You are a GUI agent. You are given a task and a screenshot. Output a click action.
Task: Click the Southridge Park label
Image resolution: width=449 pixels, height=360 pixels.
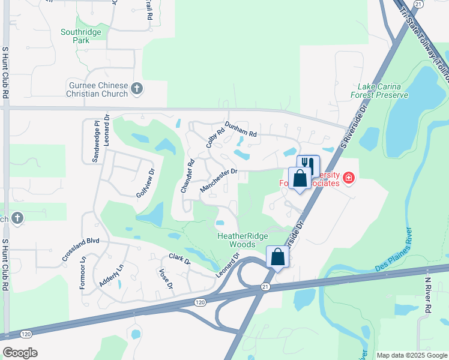tap(76, 36)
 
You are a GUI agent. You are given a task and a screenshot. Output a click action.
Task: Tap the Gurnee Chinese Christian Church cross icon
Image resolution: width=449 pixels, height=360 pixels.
tap(137, 89)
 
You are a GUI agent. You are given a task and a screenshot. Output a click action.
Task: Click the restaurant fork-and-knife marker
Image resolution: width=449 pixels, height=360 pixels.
tap(308, 165)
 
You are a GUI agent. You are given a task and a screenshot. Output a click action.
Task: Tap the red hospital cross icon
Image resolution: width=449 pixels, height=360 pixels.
tap(349, 178)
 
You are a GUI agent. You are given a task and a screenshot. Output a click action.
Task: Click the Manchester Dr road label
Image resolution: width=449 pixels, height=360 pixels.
tap(219, 180)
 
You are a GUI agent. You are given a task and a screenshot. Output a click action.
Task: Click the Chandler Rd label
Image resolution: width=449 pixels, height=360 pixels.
tap(188, 176)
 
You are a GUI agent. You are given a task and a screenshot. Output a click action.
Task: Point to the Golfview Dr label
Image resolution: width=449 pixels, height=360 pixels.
tap(145, 184)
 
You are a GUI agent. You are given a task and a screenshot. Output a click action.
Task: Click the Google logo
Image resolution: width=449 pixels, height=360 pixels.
tap(20, 352)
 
